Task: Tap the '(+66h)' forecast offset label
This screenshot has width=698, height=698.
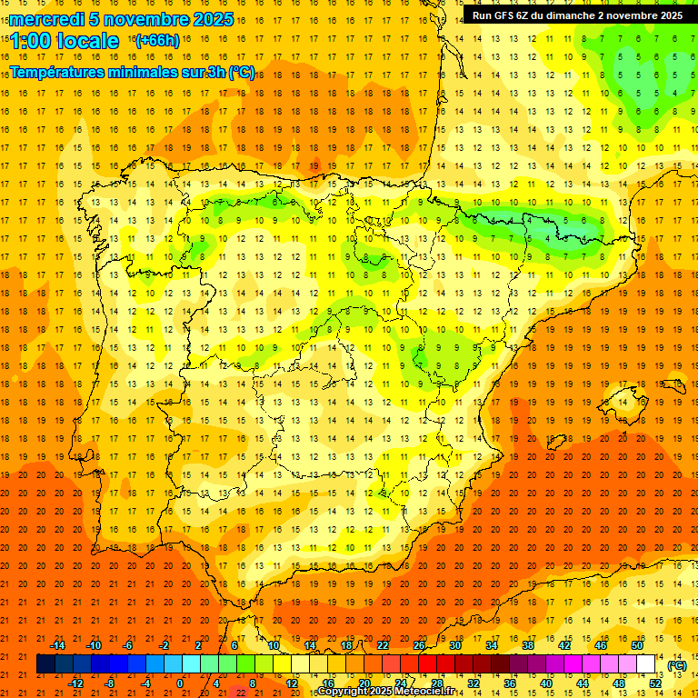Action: (x=156, y=40)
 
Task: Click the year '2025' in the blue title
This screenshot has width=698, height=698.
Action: (x=213, y=19)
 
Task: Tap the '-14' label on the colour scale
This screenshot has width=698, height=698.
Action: (x=57, y=645)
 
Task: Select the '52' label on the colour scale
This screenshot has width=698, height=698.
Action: (x=655, y=683)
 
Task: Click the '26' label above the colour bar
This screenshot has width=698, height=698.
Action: (x=419, y=645)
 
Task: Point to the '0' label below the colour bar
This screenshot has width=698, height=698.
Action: (x=180, y=683)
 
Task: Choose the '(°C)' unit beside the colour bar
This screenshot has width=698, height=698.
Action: (x=676, y=665)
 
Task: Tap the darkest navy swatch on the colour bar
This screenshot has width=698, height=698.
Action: (x=45, y=664)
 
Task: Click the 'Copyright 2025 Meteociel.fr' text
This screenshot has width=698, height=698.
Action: (x=385, y=692)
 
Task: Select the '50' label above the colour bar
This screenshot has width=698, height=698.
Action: (x=637, y=645)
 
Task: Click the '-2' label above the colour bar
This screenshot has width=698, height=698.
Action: (x=165, y=645)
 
